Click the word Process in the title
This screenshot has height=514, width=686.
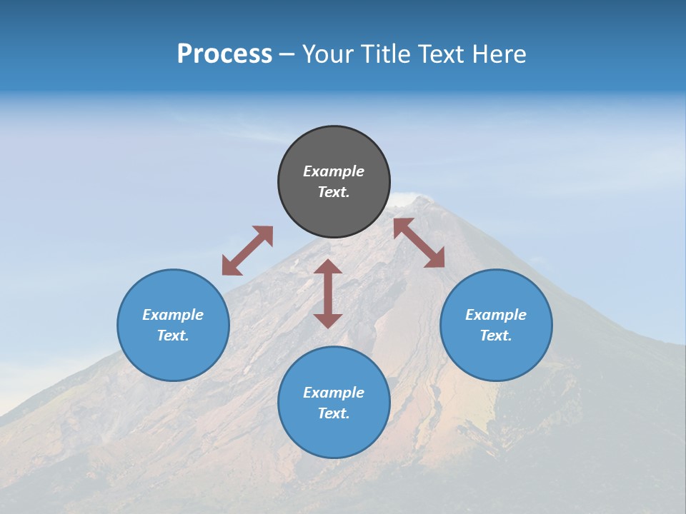(224, 54)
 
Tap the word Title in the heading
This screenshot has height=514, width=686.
(388, 54)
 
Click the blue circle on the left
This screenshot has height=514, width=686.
(173, 325)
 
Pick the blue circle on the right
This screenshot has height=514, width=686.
(496, 325)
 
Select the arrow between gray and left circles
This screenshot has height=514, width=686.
(247, 251)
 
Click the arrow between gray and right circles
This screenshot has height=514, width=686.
(419, 243)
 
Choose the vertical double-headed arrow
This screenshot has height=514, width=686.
(328, 293)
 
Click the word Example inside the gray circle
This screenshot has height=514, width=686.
(334, 171)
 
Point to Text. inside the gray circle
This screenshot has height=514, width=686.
(334, 192)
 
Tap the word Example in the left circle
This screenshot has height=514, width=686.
(173, 315)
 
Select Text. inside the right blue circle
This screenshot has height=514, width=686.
(496, 336)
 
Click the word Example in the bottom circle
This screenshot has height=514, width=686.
(334, 393)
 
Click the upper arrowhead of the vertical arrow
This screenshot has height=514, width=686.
(328, 267)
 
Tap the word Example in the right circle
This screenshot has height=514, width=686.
(496, 315)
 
